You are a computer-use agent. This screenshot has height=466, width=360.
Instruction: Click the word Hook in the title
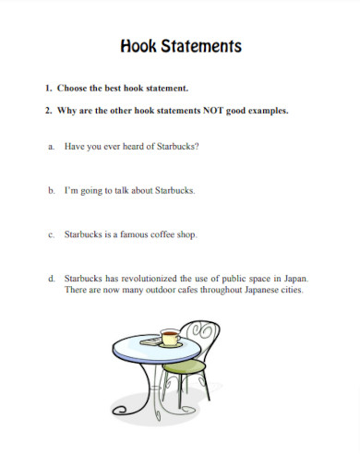coord(138,46)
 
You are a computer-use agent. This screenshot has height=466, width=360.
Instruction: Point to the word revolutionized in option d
coord(142,278)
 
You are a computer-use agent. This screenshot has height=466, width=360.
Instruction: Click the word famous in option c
coord(126,234)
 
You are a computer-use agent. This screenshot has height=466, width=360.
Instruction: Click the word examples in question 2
coord(269,111)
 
